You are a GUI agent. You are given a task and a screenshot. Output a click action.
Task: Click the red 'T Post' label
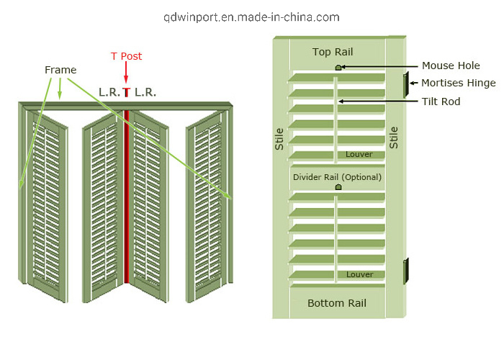126,56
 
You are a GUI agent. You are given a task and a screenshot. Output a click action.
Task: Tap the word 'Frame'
60,70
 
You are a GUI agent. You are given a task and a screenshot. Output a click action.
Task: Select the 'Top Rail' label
333,52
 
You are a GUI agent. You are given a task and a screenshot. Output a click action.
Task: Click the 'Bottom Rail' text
336,303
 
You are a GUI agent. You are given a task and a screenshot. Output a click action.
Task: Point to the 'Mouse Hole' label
451,66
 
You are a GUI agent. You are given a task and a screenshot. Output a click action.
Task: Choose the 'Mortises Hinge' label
458,84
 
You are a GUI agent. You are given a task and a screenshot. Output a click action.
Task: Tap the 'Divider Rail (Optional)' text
337,177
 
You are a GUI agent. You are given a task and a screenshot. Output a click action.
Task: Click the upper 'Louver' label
359,154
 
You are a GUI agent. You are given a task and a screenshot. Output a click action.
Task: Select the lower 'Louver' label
359,274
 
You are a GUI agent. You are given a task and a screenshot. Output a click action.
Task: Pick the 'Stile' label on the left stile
279,138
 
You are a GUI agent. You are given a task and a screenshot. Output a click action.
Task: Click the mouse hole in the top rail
338,68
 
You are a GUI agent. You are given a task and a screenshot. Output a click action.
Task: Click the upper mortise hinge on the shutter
405,83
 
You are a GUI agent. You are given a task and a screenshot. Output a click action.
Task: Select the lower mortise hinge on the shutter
406,270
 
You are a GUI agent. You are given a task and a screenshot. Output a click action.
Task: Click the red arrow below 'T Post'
127,73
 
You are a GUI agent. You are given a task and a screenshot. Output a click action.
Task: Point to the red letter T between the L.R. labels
127,92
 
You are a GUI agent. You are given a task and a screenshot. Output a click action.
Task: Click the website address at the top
251,17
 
